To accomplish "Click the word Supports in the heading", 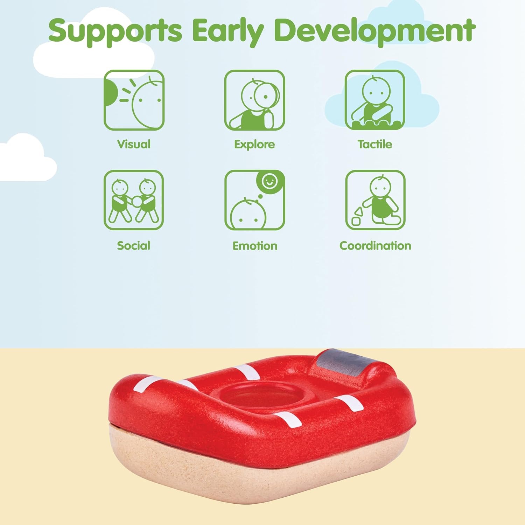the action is (x=115, y=31).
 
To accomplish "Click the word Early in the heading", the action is (x=228, y=31).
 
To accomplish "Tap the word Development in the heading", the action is (x=375, y=31).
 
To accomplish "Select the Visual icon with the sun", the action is (x=134, y=100).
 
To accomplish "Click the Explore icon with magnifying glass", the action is (x=254, y=100).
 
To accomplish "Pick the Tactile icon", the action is (x=375, y=100).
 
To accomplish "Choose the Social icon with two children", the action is (x=134, y=200).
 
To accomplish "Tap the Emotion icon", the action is (x=254, y=200).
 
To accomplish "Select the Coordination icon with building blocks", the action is (x=375, y=200).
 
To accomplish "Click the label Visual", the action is (x=134, y=144).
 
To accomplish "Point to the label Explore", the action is (x=254, y=145).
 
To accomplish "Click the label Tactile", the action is (x=375, y=144).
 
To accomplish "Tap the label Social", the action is (x=133, y=246).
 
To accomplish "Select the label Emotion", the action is (x=255, y=246).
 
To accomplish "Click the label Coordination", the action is (x=375, y=246).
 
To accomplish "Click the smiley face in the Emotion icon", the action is (x=270, y=181).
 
